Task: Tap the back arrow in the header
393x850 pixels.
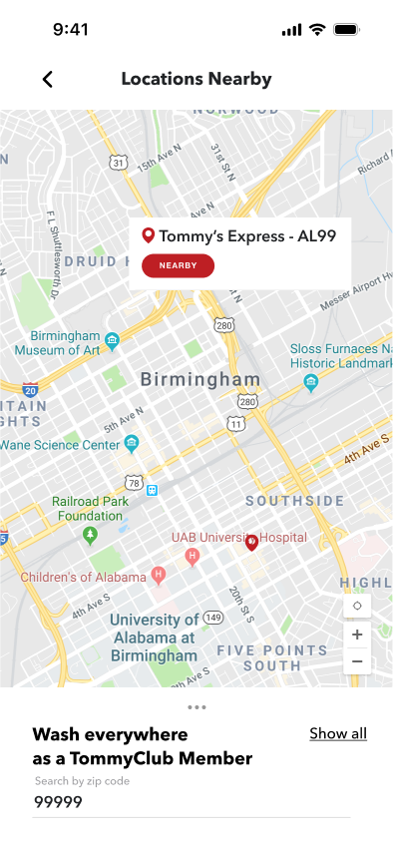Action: pos(47,80)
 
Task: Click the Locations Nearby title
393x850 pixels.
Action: pos(196,80)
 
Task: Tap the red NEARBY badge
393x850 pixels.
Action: pos(178,265)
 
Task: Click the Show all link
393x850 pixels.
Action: pos(338,733)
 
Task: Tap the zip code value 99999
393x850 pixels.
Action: pos(59,802)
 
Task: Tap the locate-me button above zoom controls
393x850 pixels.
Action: pos(356,606)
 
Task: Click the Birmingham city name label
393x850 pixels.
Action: pos(200,379)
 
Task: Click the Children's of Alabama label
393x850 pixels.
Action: pos(83,577)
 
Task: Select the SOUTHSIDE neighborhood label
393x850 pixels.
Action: pos(295,500)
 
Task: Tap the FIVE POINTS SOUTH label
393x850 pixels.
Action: pos(272,657)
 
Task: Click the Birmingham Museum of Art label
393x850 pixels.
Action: pos(58,343)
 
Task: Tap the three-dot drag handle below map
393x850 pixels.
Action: pos(196,707)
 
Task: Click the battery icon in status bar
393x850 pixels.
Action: pos(346,30)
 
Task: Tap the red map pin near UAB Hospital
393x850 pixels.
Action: pos(252,541)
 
